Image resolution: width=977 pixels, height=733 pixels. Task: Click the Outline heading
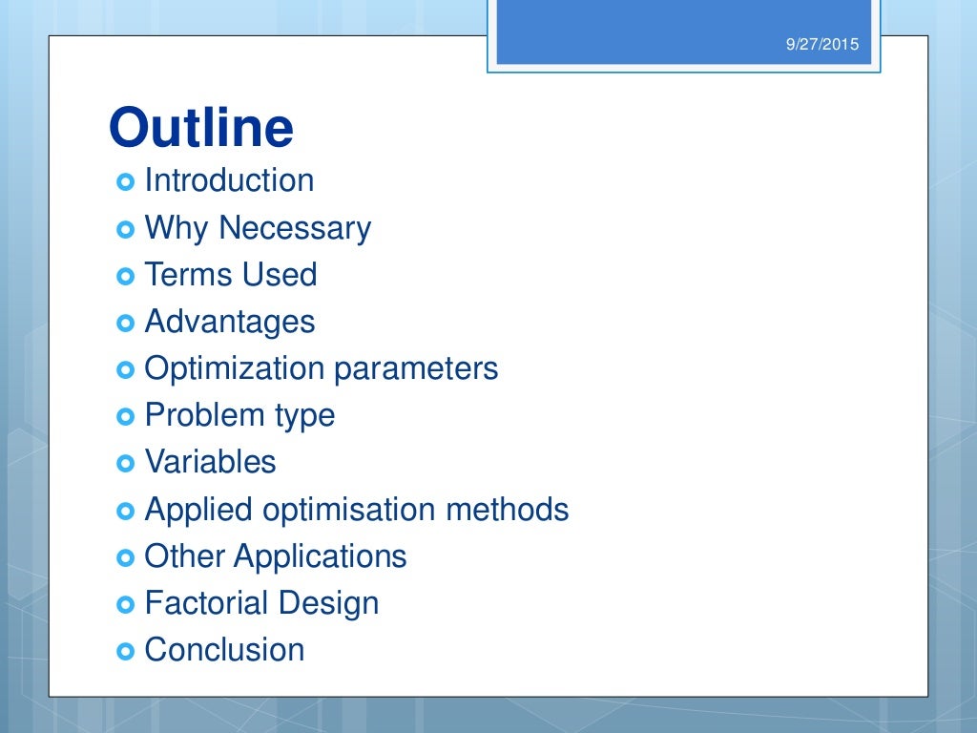pyautogui.click(x=200, y=128)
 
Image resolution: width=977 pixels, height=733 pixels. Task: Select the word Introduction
pyautogui.click(x=229, y=180)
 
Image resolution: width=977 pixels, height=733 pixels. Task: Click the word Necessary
pyautogui.click(x=295, y=228)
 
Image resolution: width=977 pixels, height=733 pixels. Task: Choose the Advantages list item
pyautogui.click(x=229, y=322)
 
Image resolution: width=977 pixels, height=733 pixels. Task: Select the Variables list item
pyautogui.click(x=210, y=462)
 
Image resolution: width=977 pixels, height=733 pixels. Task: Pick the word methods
pyautogui.click(x=508, y=510)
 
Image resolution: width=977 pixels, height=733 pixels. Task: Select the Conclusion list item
pyautogui.click(x=224, y=650)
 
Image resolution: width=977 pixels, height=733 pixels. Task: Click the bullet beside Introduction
pyautogui.click(x=126, y=181)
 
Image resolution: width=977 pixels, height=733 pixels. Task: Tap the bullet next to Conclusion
pyautogui.click(x=126, y=651)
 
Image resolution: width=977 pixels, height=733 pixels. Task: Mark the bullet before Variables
pyautogui.click(x=126, y=463)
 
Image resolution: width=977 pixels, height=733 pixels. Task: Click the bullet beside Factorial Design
pyautogui.click(x=126, y=604)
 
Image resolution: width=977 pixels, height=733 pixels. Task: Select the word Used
pyautogui.click(x=280, y=275)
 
